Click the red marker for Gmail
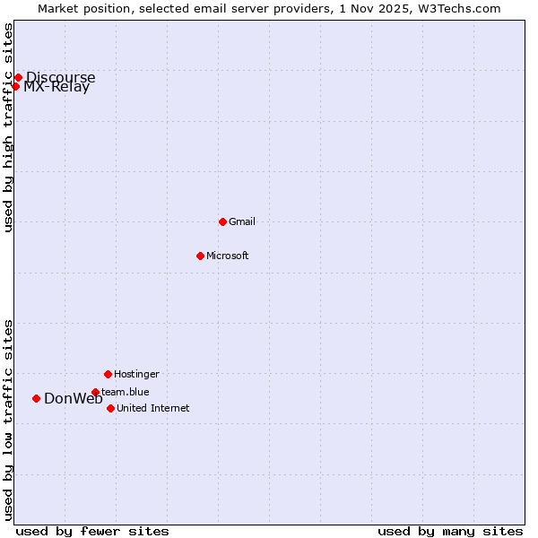tap(222, 221)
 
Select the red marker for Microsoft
tap(200, 256)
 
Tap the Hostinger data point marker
tap(108, 374)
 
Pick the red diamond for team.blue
tap(95, 392)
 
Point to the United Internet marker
tap(110, 408)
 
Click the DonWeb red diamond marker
tap(36, 398)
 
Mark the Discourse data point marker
tap(18, 77)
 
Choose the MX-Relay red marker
tap(15, 86)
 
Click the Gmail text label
tap(242, 221)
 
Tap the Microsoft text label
tap(228, 256)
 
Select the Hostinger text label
tap(136, 374)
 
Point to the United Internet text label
tap(153, 408)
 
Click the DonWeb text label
tap(74, 399)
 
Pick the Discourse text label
tap(60, 77)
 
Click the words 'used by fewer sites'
tap(92, 531)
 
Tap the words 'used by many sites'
tap(450, 531)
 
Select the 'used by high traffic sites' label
tap(8, 127)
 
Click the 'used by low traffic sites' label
tap(8, 420)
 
